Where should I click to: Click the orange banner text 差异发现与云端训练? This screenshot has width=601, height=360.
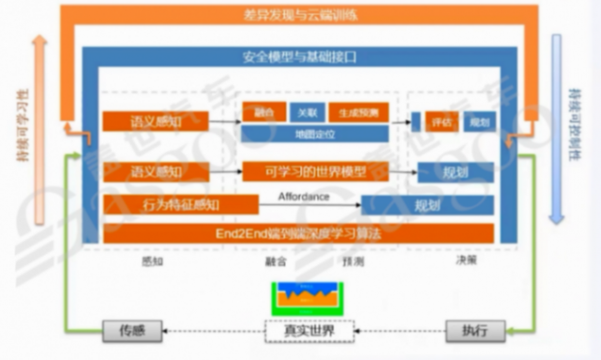tap(301, 14)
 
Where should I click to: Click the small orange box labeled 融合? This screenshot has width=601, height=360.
tap(263, 113)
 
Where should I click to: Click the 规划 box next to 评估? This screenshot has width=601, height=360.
tap(479, 123)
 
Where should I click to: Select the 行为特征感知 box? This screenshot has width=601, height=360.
tap(180, 205)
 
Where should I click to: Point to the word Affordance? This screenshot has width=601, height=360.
tap(304, 197)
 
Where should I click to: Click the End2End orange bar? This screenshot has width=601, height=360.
tap(298, 233)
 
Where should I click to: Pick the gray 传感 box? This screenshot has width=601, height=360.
tap(131, 329)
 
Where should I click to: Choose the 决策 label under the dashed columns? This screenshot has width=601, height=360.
tap(466, 261)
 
